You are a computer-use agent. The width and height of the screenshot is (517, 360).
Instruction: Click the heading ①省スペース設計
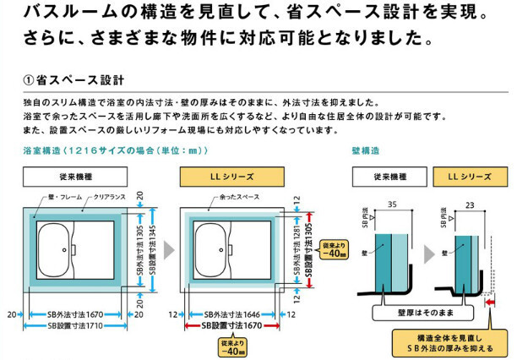[x=73, y=81]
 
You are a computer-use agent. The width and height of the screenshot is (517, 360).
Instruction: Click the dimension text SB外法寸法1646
[x=231, y=313]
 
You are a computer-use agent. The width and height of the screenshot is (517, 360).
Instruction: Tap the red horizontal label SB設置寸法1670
[x=231, y=325]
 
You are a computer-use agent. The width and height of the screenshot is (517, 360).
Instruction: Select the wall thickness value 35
[x=391, y=204]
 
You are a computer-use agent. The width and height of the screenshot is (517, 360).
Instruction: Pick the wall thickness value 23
[x=470, y=204]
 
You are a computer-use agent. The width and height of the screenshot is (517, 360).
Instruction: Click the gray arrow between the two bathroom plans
[x=170, y=250]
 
